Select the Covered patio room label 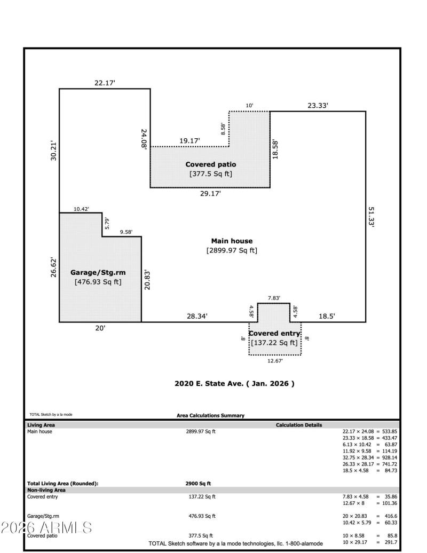(210, 164)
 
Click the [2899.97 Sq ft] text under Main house (232, 250)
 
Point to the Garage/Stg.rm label (98, 272)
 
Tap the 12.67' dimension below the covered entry (274, 361)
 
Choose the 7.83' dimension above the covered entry (274, 298)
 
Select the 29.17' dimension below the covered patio (210, 194)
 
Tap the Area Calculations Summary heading (210, 415)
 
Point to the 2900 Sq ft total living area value (198, 484)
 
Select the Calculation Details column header (298, 425)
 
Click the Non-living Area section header (46, 489)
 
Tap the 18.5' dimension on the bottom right (326, 317)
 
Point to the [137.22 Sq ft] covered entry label (274, 343)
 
